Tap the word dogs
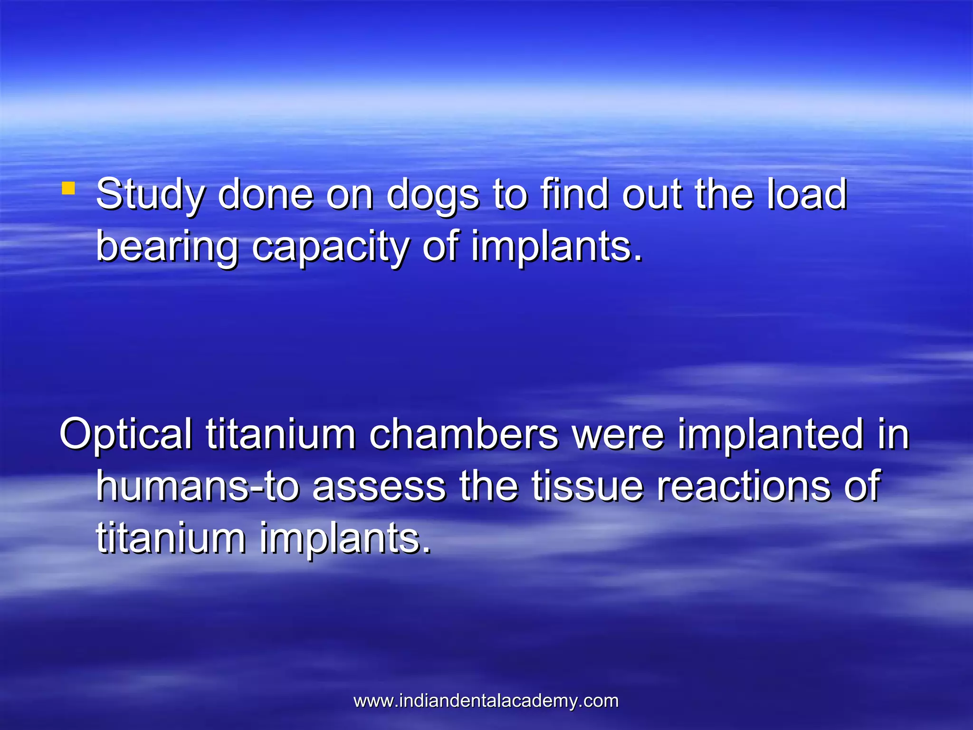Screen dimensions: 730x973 432,195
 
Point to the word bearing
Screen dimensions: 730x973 167,247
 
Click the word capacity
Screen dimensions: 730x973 330,247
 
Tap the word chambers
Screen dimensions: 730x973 463,433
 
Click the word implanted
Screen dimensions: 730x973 770,434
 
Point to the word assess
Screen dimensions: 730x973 379,487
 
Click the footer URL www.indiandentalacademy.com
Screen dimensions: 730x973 486,701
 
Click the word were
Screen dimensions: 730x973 617,434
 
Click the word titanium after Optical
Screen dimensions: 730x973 280,433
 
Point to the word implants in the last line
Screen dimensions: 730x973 345,539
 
